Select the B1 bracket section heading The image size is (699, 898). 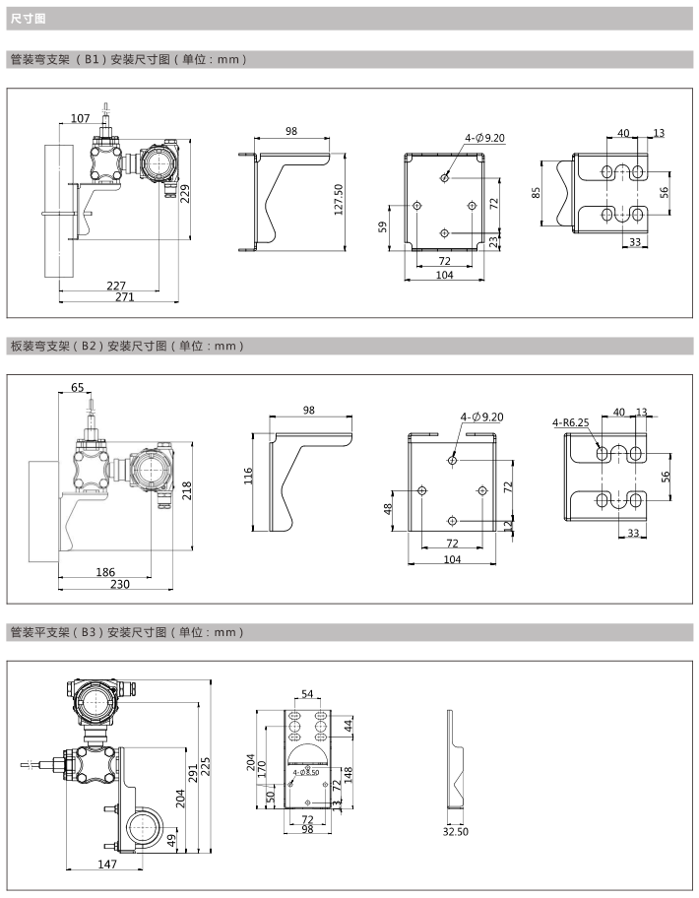click(127, 59)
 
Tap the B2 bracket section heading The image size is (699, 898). click(125, 346)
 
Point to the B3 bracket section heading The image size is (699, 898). click(125, 631)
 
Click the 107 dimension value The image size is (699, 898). click(81, 119)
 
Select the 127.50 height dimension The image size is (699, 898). click(339, 198)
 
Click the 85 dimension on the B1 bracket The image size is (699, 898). click(538, 193)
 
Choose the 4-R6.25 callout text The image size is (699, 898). click(570, 422)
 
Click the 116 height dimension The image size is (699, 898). click(249, 479)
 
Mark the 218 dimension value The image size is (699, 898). click(186, 488)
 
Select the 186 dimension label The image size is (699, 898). click(105, 571)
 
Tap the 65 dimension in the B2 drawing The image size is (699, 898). click(78, 388)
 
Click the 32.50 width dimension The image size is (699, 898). click(455, 831)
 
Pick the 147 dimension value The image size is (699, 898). click(107, 864)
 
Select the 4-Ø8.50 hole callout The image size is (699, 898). click(305, 773)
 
